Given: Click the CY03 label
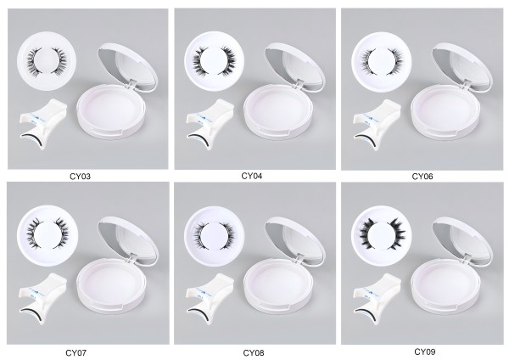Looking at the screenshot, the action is [81, 177].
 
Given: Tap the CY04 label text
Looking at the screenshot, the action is [252, 176].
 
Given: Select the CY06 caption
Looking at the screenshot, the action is [422, 177].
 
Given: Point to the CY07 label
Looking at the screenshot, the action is [76, 352].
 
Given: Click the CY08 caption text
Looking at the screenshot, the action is [254, 352].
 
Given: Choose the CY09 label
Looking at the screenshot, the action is [425, 352].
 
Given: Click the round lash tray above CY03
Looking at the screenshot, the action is [47, 61].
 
